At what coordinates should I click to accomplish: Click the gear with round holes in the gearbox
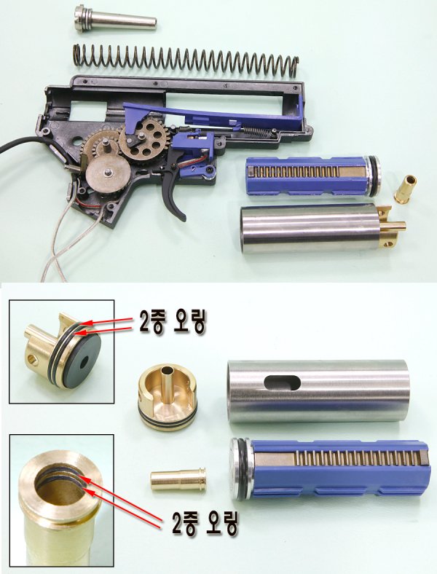137,139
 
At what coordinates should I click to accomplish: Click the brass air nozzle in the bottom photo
178,480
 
